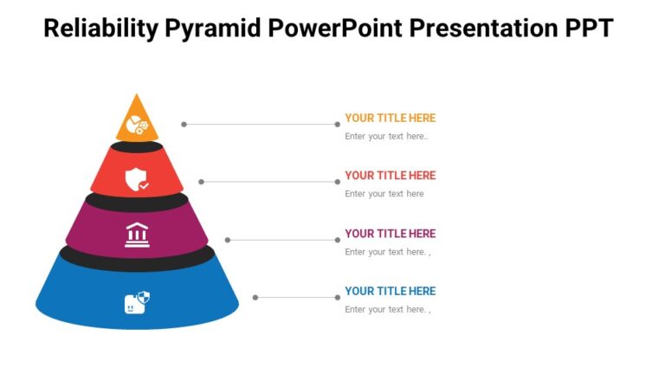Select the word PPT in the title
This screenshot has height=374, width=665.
point(584,29)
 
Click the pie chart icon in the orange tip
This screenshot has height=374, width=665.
point(137,126)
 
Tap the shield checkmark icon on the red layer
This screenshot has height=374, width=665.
point(137,180)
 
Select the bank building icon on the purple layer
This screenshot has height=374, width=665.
point(137,235)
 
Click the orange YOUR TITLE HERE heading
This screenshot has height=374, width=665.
point(390,118)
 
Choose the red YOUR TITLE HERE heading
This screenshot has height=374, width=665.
point(390,175)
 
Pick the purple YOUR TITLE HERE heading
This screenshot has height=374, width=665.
point(390,233)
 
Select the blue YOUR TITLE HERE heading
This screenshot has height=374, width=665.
point(390,291)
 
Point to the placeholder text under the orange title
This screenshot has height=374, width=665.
point(386,136)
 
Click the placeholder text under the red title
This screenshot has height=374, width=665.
point(384,194)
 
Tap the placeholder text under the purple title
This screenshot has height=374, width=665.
point(387,252)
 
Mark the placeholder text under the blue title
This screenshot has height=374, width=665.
point(387,310)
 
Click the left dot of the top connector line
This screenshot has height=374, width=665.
point(184,124)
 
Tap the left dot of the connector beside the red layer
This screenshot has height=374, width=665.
point(202,182)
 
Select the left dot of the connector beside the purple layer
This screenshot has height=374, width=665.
point(228,240)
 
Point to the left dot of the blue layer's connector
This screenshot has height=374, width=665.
point(255,298)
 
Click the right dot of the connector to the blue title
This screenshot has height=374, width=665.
point(338,298)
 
